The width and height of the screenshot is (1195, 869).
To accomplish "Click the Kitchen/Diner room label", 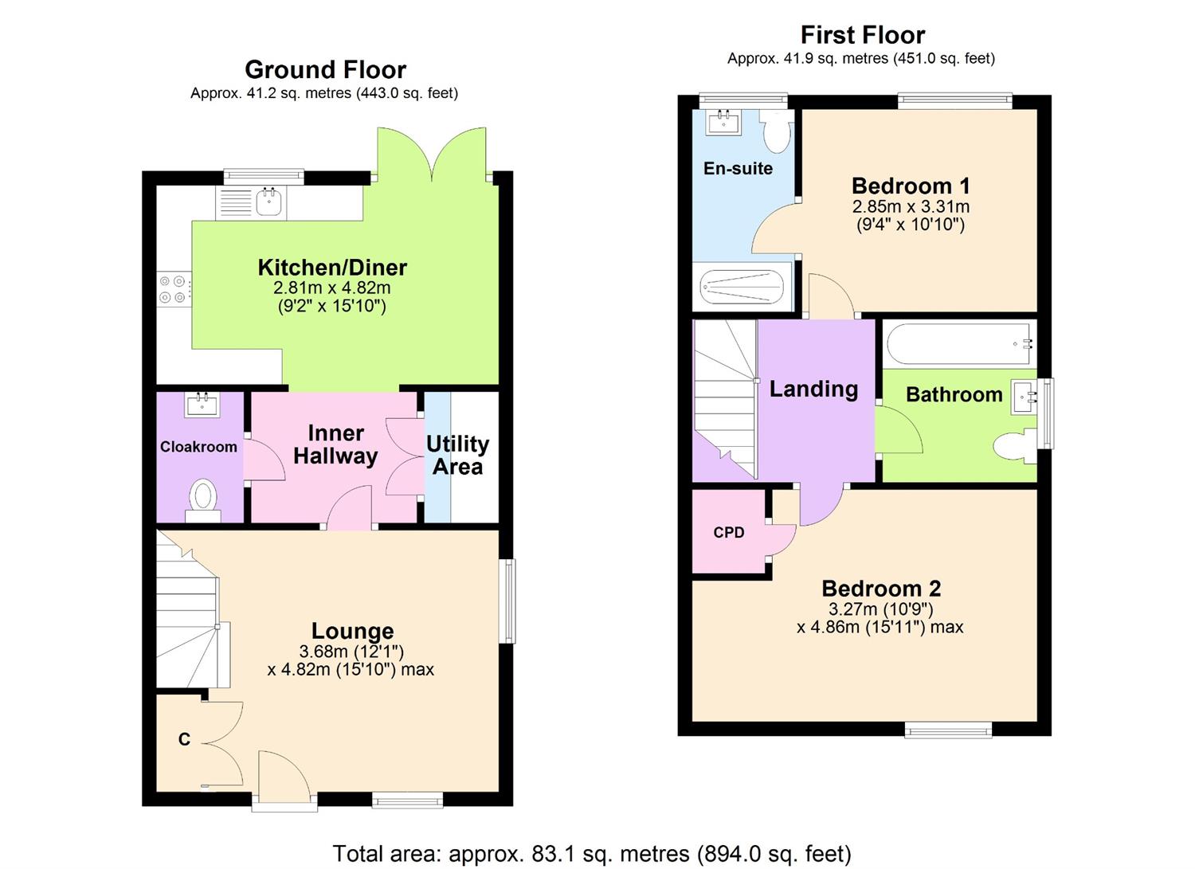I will (x=331, y=268).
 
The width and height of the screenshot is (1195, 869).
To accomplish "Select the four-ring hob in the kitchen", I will (x=174, y=288).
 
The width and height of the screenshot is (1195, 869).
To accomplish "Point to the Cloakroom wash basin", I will (x=203, y=405).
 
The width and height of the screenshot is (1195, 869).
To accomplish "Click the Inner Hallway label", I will (x=335, y=444).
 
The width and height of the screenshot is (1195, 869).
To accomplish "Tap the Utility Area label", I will (x=457, y=455).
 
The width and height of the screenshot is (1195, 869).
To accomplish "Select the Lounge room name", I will (x=352, y=631).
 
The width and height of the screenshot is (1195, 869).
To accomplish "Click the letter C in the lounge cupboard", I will (x=184, y=739).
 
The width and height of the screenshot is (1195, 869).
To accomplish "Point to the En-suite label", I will (x=738, y=168).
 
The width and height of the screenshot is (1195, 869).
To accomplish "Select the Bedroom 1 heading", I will (x=911, y=186).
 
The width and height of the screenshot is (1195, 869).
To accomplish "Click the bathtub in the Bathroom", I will (x=959, y=344).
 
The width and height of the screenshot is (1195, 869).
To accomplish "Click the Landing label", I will (x=813, y=389).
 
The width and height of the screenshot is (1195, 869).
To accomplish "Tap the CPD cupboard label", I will (x=729, y=532).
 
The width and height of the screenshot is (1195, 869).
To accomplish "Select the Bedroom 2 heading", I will (x=881, y=589).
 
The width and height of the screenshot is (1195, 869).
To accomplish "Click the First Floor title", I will (x=862, y=35).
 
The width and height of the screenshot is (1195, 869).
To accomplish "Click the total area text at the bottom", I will (x=591, y=854).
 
